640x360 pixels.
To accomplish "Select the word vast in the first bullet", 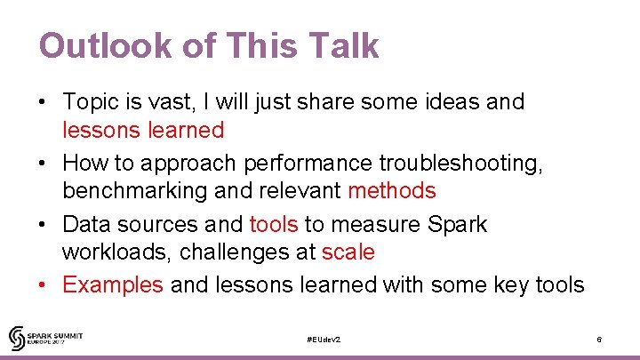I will point(183,101).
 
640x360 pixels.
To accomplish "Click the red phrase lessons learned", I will point(142,130).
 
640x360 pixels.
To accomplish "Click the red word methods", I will point(392,190).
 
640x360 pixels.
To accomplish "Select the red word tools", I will point(274,224).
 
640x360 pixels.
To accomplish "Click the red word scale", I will point(348,252).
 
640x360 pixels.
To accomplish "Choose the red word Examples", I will point(113,284).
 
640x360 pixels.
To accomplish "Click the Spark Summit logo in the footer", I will point(46,338).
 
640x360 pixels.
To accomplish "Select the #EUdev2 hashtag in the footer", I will point(323,340).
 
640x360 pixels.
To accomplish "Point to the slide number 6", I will point(600,340).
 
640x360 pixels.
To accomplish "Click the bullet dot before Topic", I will point(43,102).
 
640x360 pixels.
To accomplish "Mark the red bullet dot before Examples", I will point(43,285).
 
